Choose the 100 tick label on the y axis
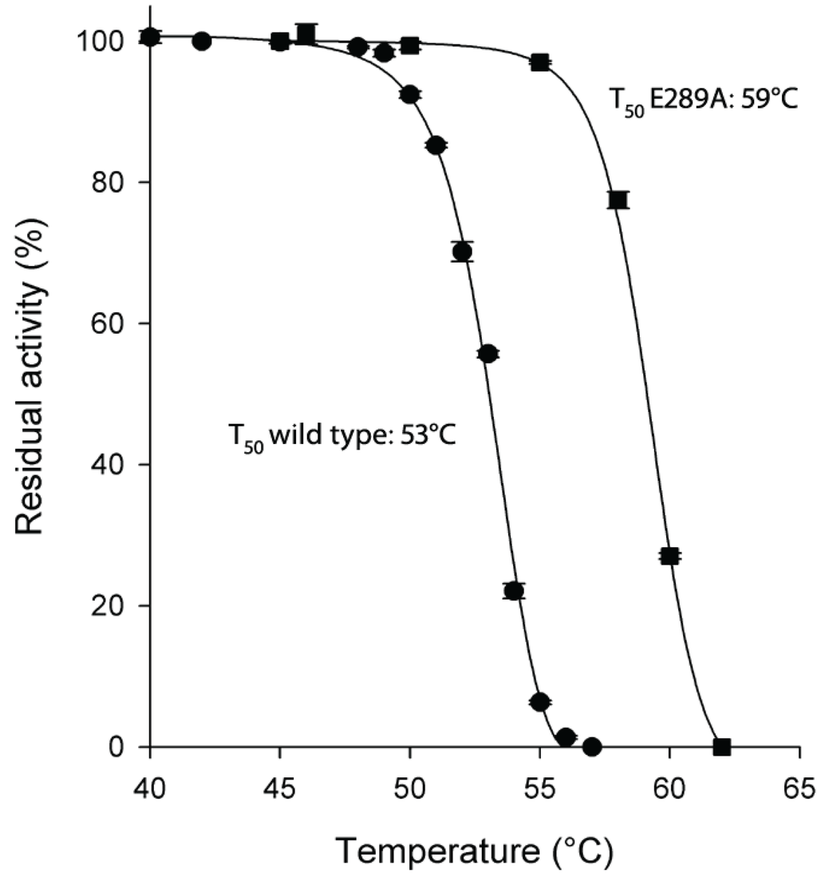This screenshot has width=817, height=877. pyautogui.click(x=106, y=41)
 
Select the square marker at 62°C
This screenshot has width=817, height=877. pyautogui.click(x=721, y=747)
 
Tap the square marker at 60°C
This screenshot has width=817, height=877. pyautogui.click(x=669, y=556)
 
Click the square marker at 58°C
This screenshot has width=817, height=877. pyautogui.click(x=618, y=200)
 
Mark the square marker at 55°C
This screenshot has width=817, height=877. pyautogui.click(x=540, y=62)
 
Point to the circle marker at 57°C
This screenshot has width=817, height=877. pyautogui.click(x=591, y=747)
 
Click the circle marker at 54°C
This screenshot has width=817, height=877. pyautogui.click(x=514, y=591)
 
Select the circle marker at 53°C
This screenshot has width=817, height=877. pyautogui.click(x=487, y=354)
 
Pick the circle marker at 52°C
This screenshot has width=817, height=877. pyautogui.click(x=462, y=252)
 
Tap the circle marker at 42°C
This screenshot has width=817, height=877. pyautogui.click(x=202, y=41)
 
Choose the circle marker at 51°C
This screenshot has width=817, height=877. pyautogui.click(x=436, y=145)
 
